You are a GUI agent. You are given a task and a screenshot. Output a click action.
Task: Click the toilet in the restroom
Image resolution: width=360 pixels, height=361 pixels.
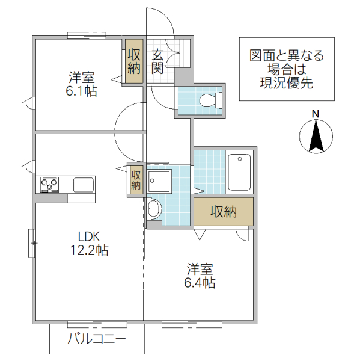pos(207,100)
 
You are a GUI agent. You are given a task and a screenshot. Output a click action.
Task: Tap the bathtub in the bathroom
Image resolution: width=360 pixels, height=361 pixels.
pos(239,173)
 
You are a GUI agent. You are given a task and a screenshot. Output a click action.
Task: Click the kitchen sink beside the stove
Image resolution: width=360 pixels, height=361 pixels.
pos(84,185)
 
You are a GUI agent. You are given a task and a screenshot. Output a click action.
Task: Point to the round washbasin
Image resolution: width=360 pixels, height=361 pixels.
pos(154,209)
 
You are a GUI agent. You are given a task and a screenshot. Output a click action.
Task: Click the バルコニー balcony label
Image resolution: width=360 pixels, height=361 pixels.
pos(96,340)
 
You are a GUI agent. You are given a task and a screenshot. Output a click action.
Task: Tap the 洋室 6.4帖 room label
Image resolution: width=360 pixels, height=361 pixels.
pos(200,276)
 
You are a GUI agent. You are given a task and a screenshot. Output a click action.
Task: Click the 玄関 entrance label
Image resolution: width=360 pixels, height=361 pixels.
pos(157,60)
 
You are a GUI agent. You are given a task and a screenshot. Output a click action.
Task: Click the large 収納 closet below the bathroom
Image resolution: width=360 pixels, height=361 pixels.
pos(223,212)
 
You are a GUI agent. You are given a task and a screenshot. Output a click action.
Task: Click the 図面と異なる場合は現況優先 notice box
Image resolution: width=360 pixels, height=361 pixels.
pos(287,69)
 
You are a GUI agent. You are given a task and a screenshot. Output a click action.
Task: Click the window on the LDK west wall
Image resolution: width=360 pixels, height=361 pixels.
pos(32,244)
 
